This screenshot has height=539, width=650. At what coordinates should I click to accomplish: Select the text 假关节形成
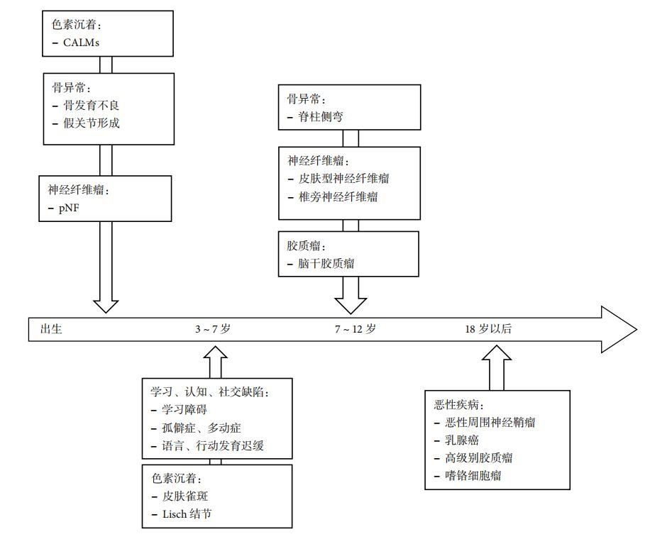coord(92,123)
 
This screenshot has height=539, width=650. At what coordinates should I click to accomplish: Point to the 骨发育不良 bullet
coord(92,105)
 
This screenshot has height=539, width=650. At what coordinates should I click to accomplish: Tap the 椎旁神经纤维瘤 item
coord(338,196)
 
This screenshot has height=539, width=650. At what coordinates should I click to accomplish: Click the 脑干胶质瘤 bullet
coord(326,264)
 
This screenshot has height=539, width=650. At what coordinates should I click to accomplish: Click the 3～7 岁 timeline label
coord(213,329)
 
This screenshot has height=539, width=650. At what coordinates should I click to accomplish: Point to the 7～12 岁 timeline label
coord(356,329)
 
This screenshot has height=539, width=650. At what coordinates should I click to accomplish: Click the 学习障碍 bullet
coord(186,410)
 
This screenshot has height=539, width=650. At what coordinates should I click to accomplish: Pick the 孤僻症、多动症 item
coord(202,428)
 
